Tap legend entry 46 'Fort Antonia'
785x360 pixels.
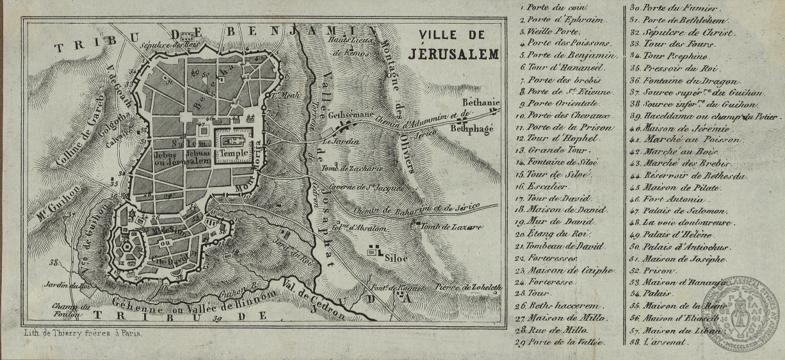click(x=663, y=199)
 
